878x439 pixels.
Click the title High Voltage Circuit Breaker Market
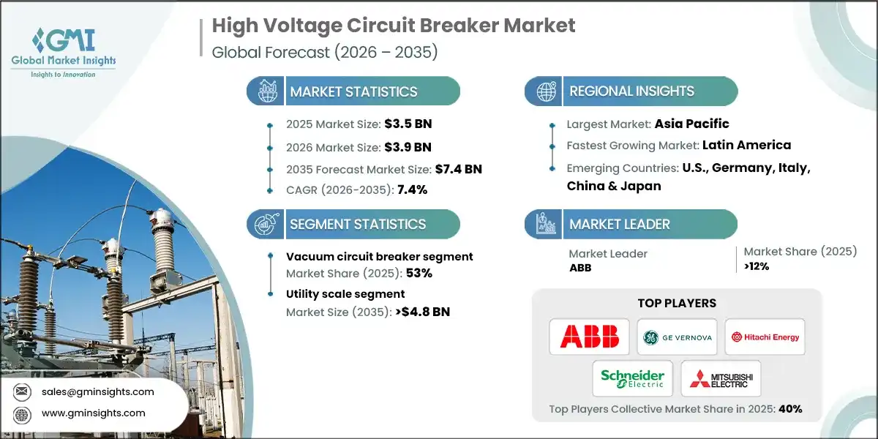tap(394, 26)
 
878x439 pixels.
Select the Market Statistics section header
tap(353, 91)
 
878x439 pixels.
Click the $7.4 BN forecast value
tap(458, 169)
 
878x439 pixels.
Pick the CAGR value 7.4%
tap(412, 190)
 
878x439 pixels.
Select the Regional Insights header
tap(631, 91)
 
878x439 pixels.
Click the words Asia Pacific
tap(691, 124)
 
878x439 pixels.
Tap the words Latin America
tap(746, 145)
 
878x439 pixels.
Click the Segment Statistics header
tap(357, 224)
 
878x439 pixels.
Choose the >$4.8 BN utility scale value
tap(421, 312)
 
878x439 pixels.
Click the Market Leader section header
tap(620, 224)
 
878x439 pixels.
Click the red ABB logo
tap(589, 337)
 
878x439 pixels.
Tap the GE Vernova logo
tap(677, 337)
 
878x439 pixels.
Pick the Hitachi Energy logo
tap(765, 337)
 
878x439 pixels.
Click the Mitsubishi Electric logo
tap(721, 378)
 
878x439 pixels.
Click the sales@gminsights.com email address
tap(98, 391)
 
